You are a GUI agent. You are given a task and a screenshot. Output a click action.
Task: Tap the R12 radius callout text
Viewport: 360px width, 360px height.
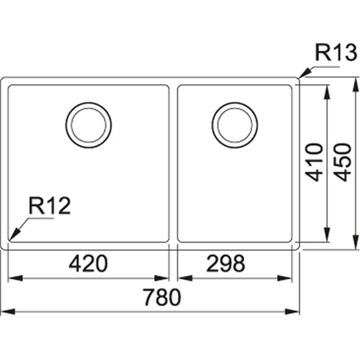(x=50, y=207)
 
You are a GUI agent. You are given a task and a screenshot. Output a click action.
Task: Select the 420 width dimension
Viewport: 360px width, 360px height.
(x=88, y=264)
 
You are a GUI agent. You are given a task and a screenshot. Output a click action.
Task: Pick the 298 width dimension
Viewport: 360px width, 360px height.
(x=226, y=264)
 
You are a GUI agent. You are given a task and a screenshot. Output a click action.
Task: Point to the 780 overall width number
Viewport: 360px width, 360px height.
(x=162, y=297)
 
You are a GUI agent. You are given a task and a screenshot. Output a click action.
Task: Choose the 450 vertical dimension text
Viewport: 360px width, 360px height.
(x=344, y=162)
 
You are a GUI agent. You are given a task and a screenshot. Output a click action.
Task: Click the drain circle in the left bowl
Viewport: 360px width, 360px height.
(x=88, y=124)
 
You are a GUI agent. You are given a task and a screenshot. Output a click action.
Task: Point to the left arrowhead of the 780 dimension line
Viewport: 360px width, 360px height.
(x=6, y=311)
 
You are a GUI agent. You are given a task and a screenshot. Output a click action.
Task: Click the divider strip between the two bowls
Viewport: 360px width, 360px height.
(x=173, y=162)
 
